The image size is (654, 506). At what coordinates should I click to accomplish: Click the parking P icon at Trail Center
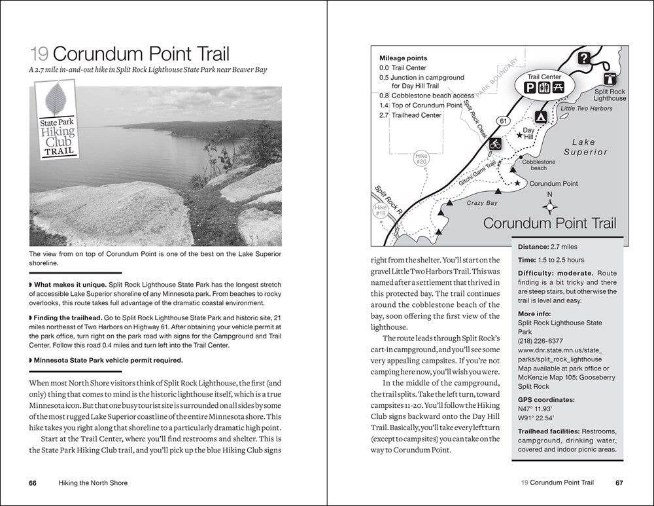point(532,88)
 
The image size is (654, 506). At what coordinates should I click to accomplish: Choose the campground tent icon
point(542,117)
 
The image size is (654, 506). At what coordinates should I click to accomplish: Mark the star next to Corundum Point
point(517,183)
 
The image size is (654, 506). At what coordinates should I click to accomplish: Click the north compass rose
point(550,207)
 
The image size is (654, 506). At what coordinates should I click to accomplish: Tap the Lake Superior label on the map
point(589,147)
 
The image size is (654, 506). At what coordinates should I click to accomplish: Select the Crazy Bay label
point(482,203)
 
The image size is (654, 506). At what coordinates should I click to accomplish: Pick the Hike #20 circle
point(421,158)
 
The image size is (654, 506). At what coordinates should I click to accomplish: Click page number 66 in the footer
point(32,483)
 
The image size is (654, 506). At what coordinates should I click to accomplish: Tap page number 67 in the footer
point(619,483)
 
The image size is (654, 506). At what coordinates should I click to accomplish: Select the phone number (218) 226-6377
point(540,341)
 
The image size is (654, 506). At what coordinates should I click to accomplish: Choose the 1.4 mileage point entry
point(421,105)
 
